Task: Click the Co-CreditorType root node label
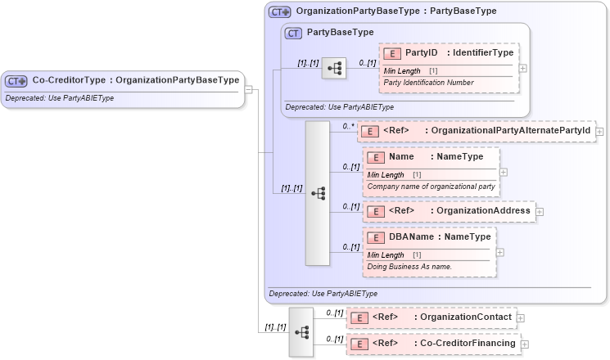tap(135, 80)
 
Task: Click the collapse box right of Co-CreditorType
tap(249, 90)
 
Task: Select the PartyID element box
tap(448, 53)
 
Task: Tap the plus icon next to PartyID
tap(523, 68)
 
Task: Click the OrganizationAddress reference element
tap(450, 211)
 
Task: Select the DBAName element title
tap(440, 237)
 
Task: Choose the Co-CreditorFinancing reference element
tap(433, 344)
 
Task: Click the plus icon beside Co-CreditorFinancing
tap(525, 344)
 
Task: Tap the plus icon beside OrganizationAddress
tap(540, 212)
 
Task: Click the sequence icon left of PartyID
tap(334, 69)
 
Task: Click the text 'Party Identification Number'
tap(429, 83)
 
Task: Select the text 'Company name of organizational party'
tap(431, 187)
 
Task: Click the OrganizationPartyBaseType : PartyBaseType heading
tap(384, 12)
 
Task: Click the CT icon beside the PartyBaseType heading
tap(293, 33)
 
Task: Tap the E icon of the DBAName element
tap(377, 238)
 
